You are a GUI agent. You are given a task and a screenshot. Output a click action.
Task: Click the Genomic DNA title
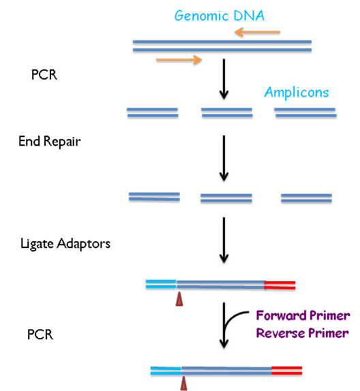[x=219, y=16]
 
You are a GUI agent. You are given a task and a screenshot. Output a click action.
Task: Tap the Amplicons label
[x=297, y=93]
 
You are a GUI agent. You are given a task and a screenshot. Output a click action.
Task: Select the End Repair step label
[x=50, y=142]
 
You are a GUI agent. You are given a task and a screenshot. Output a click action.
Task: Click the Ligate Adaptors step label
[x=65, y=244]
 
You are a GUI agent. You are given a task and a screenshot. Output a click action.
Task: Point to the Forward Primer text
[x=303, y=315]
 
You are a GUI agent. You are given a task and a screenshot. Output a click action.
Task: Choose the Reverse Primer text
[x=302, y=333]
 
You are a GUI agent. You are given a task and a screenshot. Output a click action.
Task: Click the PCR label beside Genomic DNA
[x=44, y=74]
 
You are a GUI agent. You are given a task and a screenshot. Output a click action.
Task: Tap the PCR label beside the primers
[x=40, y=334]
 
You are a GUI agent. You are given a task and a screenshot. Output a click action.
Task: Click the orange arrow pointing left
[x=258, y=32]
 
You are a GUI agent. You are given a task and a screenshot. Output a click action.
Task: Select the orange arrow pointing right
[x=179, y=60]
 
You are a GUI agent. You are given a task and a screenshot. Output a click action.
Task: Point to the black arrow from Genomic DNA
[x=224, y=79]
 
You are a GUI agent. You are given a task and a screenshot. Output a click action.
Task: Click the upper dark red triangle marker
[x=179, y=299]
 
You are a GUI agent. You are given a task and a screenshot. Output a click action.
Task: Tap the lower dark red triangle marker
[x=183, y=384]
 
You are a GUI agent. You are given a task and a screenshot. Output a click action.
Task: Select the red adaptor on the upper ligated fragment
[x=280, y=285]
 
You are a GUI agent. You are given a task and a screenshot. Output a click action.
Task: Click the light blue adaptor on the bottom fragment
[x=166, y=371]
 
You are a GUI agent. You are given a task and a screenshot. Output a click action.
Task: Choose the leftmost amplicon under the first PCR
[x=153, y=112]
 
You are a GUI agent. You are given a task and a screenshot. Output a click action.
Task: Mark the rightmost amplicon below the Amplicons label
[x=305, y=112]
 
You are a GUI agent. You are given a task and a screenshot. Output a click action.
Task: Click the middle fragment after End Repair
[x=226, y=198]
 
